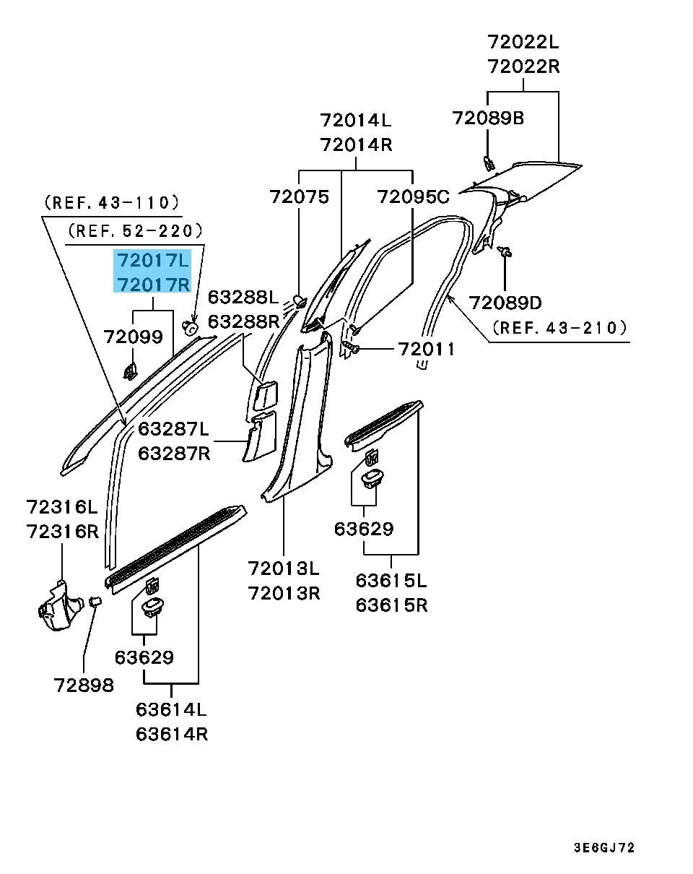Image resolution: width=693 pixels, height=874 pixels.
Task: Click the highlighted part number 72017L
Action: point(152,259)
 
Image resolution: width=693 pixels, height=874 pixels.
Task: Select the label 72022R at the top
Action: point(523,66)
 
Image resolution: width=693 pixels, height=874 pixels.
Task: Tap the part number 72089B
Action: point(488,117)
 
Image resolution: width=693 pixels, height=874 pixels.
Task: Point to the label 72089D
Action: point(505,302)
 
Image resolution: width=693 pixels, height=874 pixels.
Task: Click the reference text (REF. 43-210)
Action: point(559,328)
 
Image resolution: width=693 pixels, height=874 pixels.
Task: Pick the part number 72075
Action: point(299,196)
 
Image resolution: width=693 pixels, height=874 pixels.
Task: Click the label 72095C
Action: point(413,196)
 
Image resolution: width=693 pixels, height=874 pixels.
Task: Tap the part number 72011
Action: point(427,350)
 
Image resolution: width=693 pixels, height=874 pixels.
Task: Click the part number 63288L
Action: point(243,298)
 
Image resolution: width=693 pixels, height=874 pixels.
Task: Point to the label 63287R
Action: point(173,454)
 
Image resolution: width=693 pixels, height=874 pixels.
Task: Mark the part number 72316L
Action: point(62,507)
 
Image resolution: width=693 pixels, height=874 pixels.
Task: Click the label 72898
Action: point(84,685)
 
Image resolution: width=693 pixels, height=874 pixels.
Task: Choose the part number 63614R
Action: point(172,735)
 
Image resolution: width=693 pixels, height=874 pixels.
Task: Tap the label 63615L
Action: point(391,580)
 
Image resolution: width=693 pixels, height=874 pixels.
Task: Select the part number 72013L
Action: point(284,569)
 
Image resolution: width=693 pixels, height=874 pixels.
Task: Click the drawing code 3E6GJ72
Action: point(605,847)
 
